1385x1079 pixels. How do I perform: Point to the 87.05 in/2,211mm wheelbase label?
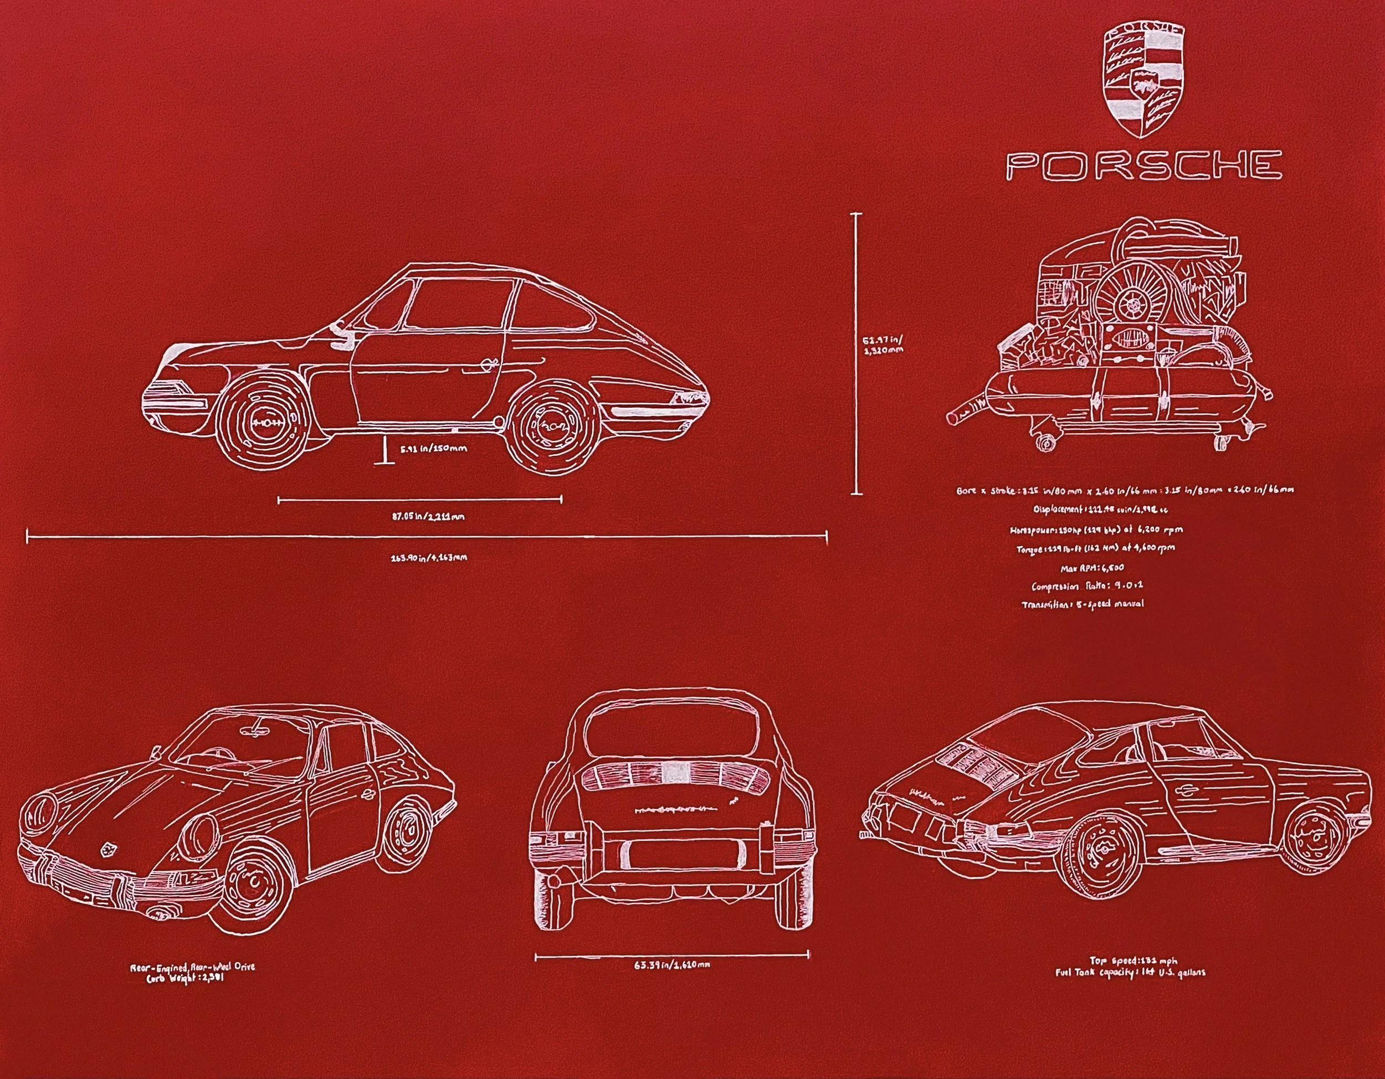click(x=419, y=516)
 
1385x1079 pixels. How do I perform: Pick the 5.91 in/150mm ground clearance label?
click(x=434, y=449)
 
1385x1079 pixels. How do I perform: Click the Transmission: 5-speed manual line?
click(x=1083, y=604)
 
